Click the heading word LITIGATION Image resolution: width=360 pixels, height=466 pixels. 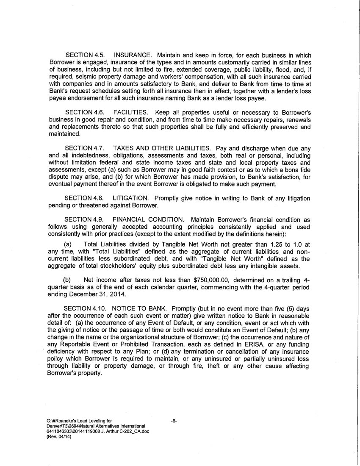point(131,198)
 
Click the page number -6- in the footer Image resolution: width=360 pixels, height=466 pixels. point(173,421)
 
